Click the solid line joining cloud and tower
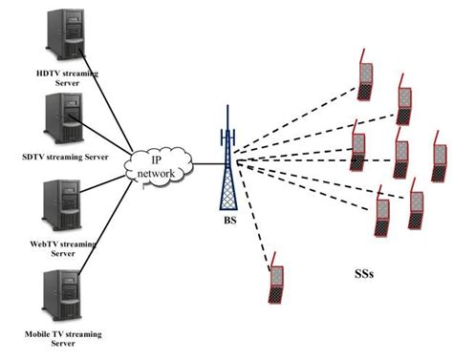pyautogui.click(x=205, y=164)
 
